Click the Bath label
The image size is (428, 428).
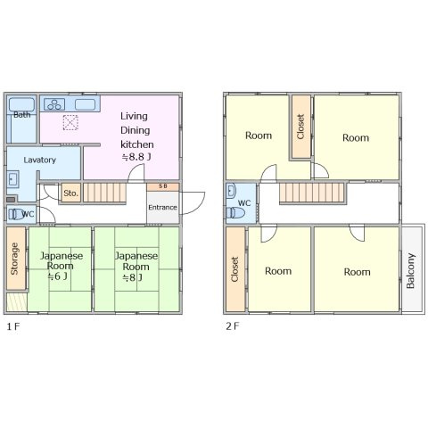pyautogui.click(x=22, y=114)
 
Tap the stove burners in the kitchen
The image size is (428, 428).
pyautogui.click(x=54, y=104)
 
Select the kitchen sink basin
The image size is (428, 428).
pyautogui.click(x=85, y=104)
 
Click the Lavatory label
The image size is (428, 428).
pyautogui.click(x=40, y=160)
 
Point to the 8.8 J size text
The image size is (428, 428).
pyautogui.click(x=136, y=157)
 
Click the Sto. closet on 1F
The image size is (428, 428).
pyautogui.click(x=71, y=193)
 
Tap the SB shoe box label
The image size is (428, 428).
pyautogui.click(x=163, y=186)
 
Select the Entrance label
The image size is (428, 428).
pyautogui.click(x=162, y=207)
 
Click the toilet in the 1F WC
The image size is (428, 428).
pyautogui.click(x=16, y=214)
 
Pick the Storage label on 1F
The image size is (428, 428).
pyautogui.click(x=14, y=259)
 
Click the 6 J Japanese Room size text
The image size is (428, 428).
pyautogui.click(x=58, y=276)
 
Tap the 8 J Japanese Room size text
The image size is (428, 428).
pyautogui.click(x=133, y=277)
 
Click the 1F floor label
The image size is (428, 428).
pyautogui.click(x=13, y=326)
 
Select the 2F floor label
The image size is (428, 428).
pyautogui.click(x=233, y=326)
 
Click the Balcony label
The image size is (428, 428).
pyautogui.click(x=410, y=271)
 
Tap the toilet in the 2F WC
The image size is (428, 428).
pyautogui.click(x=235, y=213)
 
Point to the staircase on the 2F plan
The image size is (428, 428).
pyautogui.click(x=312, y=193)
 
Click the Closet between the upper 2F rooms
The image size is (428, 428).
pyautogui.click(x=300, y=127)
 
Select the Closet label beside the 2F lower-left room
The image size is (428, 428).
pyautogui.click(x=235, y=269)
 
